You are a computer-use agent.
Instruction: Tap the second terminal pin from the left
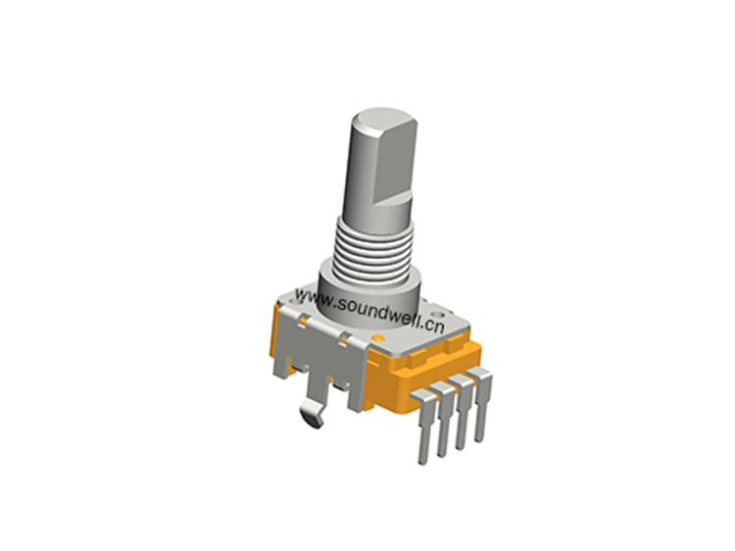pyautogui.click(x=443, y=418)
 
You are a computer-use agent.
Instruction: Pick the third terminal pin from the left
pyautogui.click(x=463, y=411)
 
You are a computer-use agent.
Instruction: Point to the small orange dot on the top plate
pyautogui.click(x=378, y=337)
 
